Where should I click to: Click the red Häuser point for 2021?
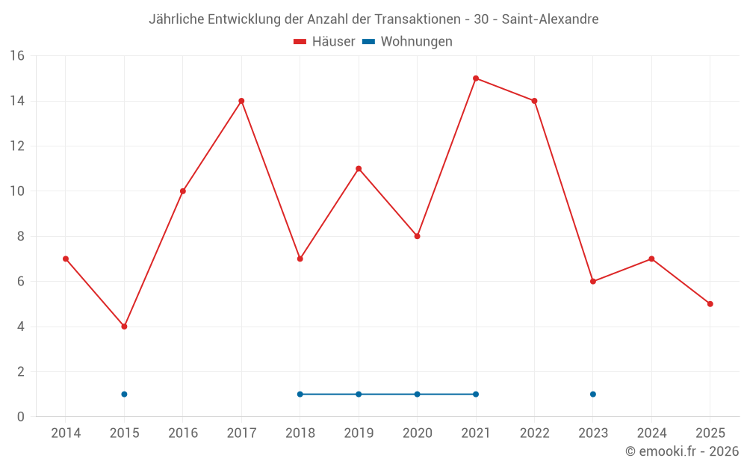click(x=476, y=78)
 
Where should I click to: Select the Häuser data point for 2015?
click(x=124, y=327)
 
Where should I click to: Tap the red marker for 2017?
click(x=241, y=101)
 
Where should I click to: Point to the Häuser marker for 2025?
click(x=710, y=304)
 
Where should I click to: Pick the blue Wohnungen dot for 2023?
click(x=593, y=394)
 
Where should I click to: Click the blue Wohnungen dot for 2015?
click(x=124, y=394)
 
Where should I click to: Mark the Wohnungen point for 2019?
click(x=359, y=394)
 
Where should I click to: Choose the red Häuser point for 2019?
click(x=359, y=169)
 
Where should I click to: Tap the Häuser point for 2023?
click(x=593, y=282)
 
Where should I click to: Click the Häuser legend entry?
click(x=325, y=42)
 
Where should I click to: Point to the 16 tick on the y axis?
click(x=17, y=56)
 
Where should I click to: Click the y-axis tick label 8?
click(x=21, y=236)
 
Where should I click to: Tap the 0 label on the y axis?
click(x=21, y=417)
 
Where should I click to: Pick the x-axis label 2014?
click(x=66, y=433)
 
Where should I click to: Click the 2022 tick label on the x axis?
click(x=534, y=433)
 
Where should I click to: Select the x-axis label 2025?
click(x=710, y=433)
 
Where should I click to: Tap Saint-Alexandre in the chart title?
click(x=550, y=19)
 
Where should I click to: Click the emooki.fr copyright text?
click(x=682, y=451)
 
